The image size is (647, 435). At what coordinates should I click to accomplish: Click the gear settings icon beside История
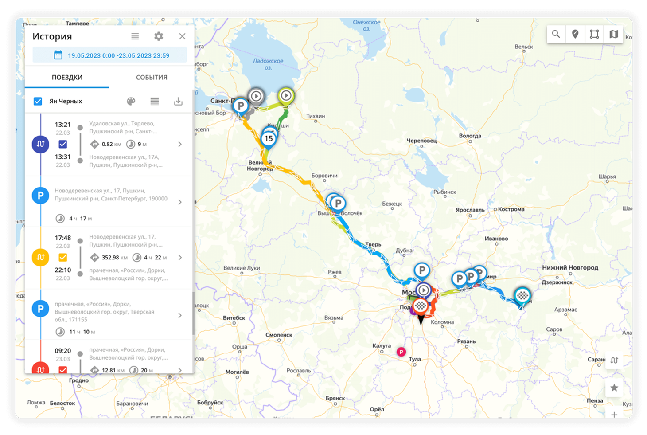point(159,36)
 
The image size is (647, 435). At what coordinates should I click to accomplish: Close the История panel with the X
point(182,36)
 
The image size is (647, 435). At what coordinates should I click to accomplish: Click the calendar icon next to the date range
point(58,55)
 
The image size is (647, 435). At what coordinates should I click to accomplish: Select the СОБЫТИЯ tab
point(152,77)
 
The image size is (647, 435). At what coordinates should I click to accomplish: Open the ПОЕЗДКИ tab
point(67,77)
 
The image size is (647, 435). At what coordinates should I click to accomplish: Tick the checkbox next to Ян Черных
point(38,101)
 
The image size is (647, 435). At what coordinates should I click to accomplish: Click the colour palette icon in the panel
point(131,101)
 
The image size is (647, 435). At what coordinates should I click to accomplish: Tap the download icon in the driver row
point(178,101)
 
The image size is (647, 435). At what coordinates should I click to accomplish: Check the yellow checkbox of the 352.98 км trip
point(63,257)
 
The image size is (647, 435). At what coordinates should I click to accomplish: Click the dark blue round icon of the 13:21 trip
point(40,144)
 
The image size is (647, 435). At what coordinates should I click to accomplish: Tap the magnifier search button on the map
point(556,34)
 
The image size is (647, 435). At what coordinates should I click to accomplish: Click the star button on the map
point(614,388)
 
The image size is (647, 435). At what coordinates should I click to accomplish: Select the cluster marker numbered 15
point(269,139)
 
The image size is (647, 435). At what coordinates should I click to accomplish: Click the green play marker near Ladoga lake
point(286,95)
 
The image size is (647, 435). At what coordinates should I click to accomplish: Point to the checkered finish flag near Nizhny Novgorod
point(523,295)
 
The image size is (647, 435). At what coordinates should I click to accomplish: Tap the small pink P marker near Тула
point(401,352)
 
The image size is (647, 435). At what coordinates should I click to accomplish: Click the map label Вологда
point(470,136)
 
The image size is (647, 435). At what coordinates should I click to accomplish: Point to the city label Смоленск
point(279,335)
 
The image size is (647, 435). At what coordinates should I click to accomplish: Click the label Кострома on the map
point(511,209)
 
